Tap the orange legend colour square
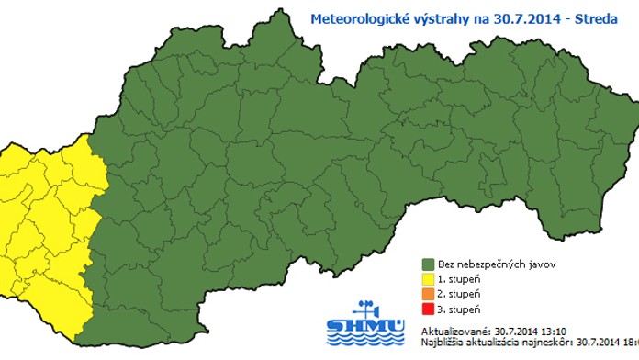click(428, 295)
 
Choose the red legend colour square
click(428, 310)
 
